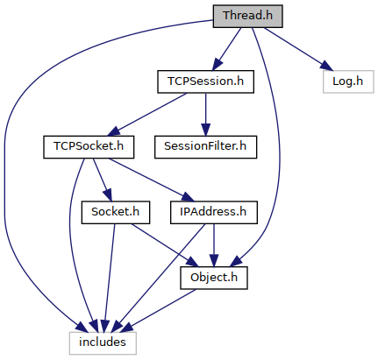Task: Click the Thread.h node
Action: pyautogui.click(x=247, y=17)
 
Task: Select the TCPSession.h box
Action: pyautogui.click(x=205, y=81)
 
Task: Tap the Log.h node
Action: pyautogui.click(x=348, y=81)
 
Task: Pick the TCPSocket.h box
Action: pyautogui.click(x=89, y=147)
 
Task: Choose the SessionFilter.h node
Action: pyautogui.click(x=205, y=147)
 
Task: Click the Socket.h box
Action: pyautogui.click(x=116, y=213)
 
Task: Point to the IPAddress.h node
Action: pyautogui.click(x=214, y=213)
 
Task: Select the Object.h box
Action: pyautogui.click(x=214, y=278)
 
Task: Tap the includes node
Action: pyautogui.click(x=103, y=343)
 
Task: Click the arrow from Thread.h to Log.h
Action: pyautogui.click(x=298, y=49)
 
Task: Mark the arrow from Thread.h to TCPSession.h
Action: pyautogui.click(x=226, y=49)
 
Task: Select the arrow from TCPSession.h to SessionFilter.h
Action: pyautogui.click(x=205, y=115)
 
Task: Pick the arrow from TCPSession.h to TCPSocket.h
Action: pyautogui.click(x=146, y=115)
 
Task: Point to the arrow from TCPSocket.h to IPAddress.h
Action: pyautogui.click(x=152, y=180)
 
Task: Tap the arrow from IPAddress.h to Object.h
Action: pyautogui.click(x=214, y=245)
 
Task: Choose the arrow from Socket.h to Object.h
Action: pyautogui.click(x=165, y=245)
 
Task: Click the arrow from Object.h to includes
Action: pyautogui.click(x=158, y=311)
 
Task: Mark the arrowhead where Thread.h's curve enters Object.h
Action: pyautogui.click(x=236, y=261)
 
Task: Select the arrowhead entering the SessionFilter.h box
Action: pyautogui.click(x=205, y=130)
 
